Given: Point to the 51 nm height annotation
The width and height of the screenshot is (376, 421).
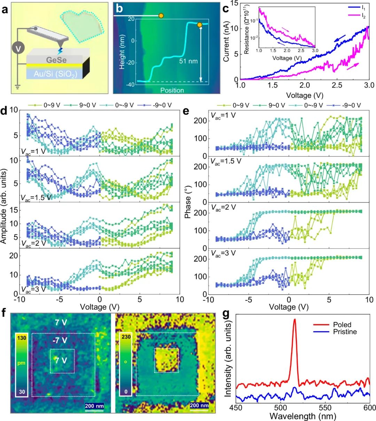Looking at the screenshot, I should click(188, 61).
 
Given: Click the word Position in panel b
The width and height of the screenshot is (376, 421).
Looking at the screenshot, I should click(172, 90).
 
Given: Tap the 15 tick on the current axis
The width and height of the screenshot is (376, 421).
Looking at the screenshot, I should click(233, 3).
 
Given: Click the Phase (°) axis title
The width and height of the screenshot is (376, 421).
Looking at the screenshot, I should click(188, 202).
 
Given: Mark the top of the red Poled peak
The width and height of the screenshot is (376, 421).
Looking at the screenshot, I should click(295, 319).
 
